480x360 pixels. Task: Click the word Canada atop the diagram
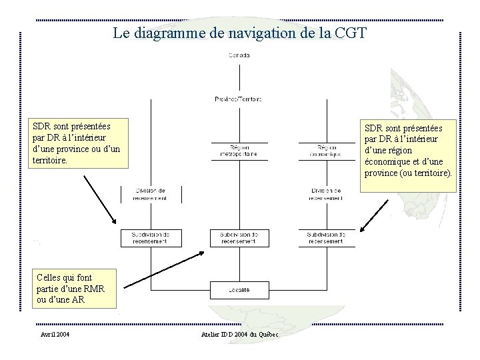click(239, 55)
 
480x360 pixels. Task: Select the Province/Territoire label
click(238, 99)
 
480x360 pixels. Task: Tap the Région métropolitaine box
click(239, 151)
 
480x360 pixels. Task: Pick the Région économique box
click(326, 151)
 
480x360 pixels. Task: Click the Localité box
click(239, 290)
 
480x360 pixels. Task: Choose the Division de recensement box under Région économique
click(326, 194)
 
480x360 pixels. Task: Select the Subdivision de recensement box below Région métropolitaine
click(239, 237)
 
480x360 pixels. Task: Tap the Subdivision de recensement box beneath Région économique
click(326, 237)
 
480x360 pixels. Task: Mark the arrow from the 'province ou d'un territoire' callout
click(99, 199)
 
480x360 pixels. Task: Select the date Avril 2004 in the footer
click(55, 334)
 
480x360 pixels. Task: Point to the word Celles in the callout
click(49, 277)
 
